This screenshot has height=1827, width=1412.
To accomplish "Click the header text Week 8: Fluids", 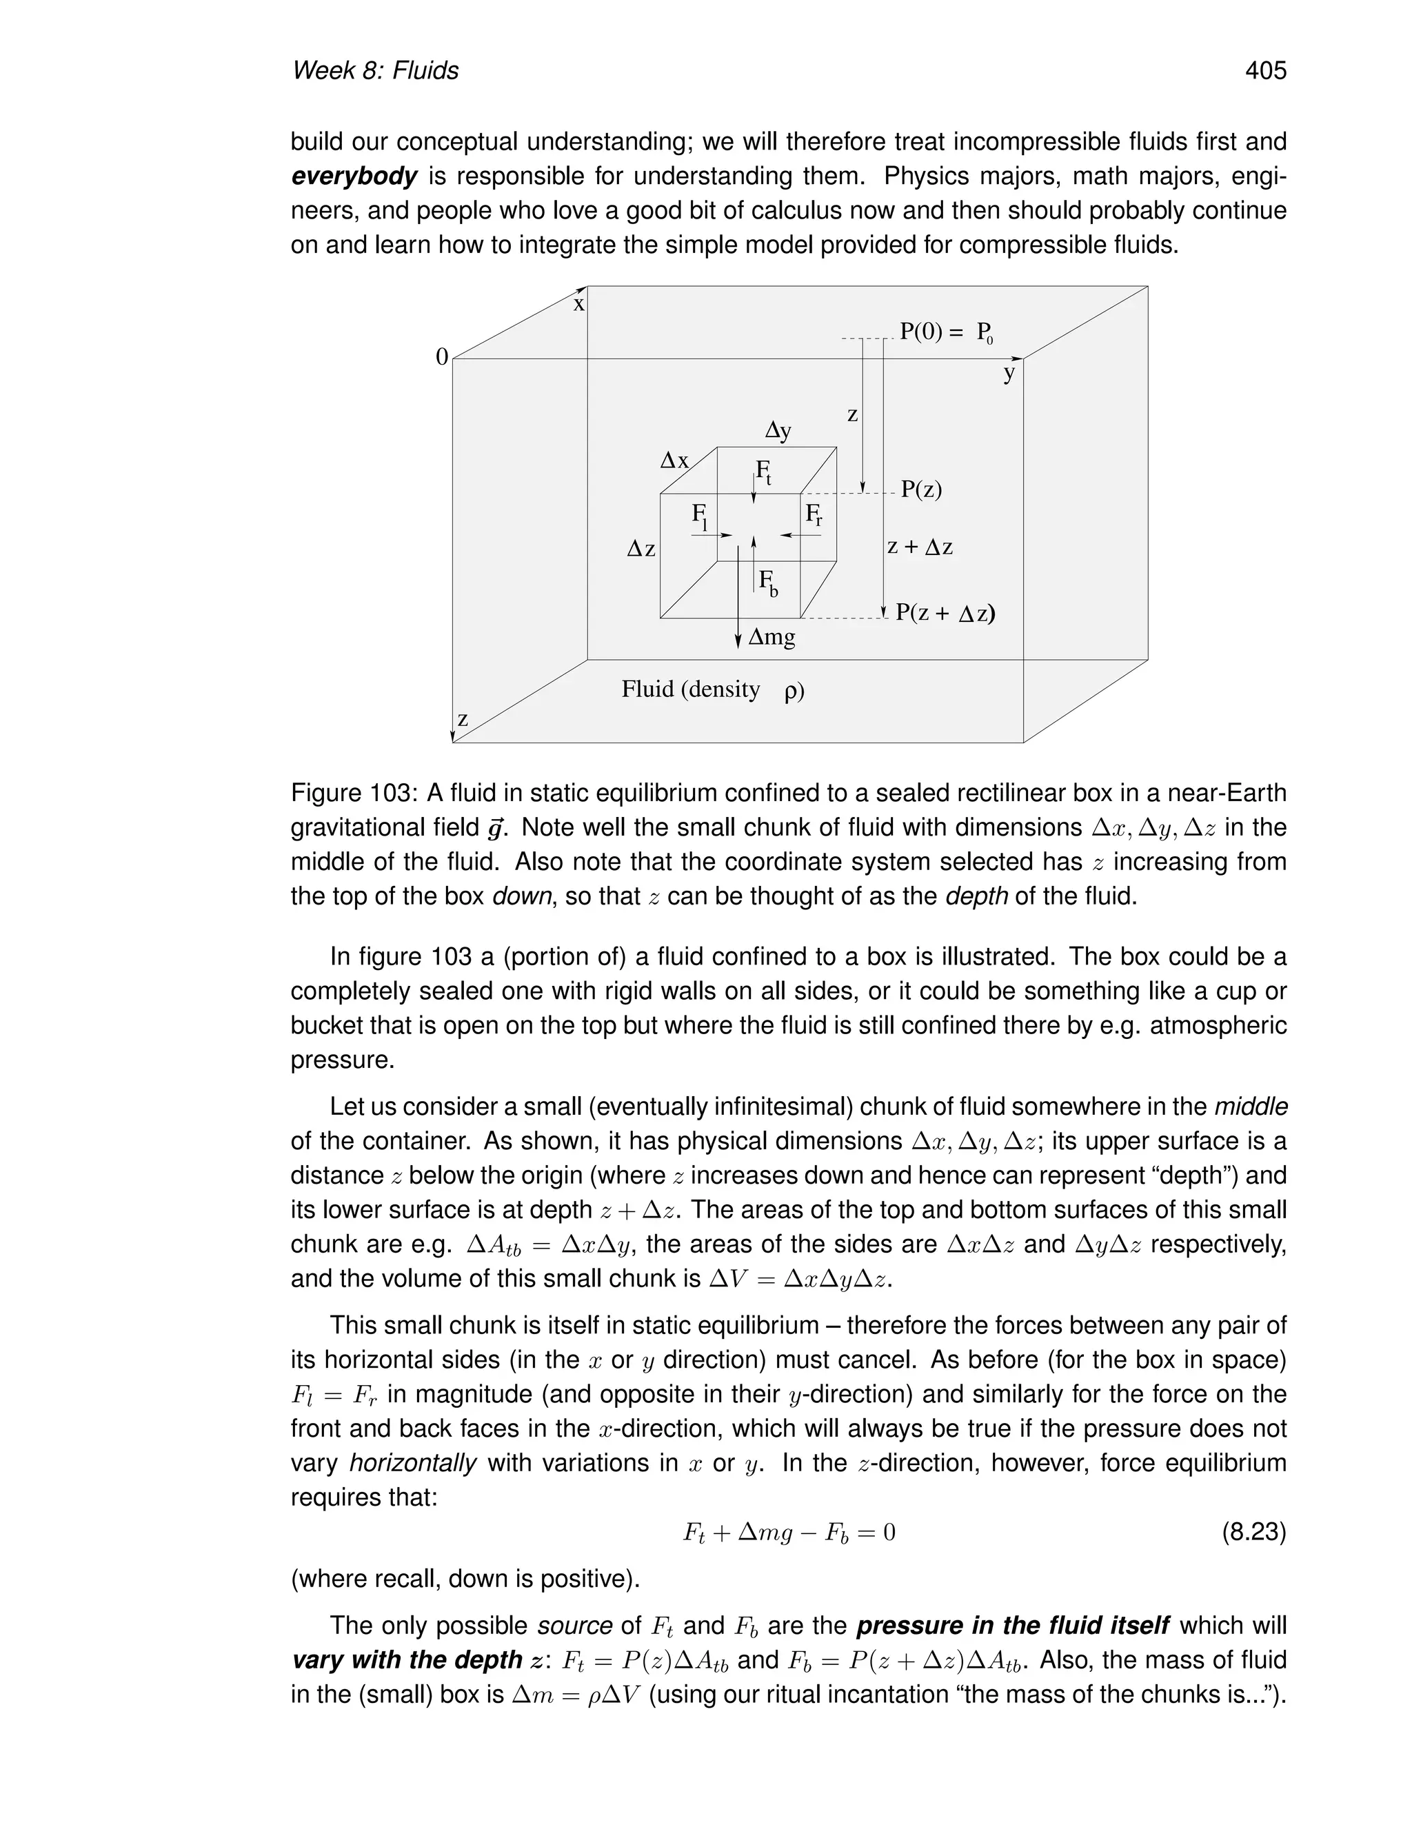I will coord(375,71).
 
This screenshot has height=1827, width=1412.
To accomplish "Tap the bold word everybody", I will coord(354,176).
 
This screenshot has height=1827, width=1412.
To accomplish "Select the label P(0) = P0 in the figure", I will coord(945,332).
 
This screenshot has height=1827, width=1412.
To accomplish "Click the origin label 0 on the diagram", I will coord(442,357).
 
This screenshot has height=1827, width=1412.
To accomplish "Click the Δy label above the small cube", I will coord(778,431).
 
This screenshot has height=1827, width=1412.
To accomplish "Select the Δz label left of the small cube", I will coord(641,549).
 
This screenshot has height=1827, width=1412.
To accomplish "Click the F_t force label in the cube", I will coord(763,473).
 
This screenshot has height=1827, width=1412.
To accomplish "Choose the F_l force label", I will coord(700,516).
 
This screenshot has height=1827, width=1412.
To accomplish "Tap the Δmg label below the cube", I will coord(771,638).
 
